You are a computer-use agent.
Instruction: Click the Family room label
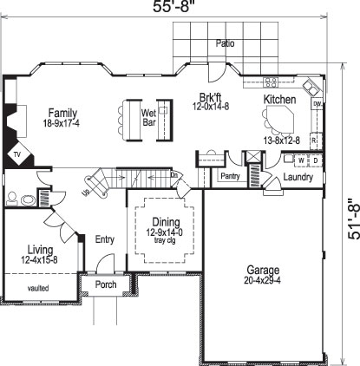(62, 112)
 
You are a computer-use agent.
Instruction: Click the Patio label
(226, 42)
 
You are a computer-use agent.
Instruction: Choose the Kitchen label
(279, 101)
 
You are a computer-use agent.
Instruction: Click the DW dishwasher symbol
(317, 104)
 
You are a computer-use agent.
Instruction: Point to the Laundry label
(298, 177)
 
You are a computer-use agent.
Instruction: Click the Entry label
(105, 239)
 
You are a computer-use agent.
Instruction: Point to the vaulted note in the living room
(38, 287)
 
